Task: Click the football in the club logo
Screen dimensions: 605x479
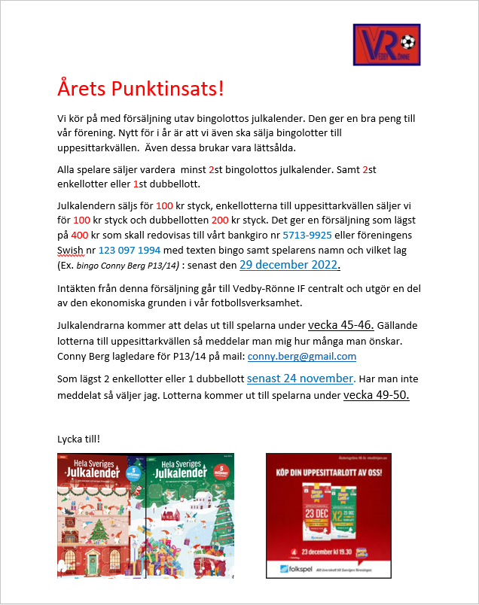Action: click(407, 39)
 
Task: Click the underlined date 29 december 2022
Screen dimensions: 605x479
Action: click(289, 265)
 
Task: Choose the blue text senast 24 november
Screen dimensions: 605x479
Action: click(301, 378)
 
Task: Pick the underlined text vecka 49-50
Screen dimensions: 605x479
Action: click(377, 395)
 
